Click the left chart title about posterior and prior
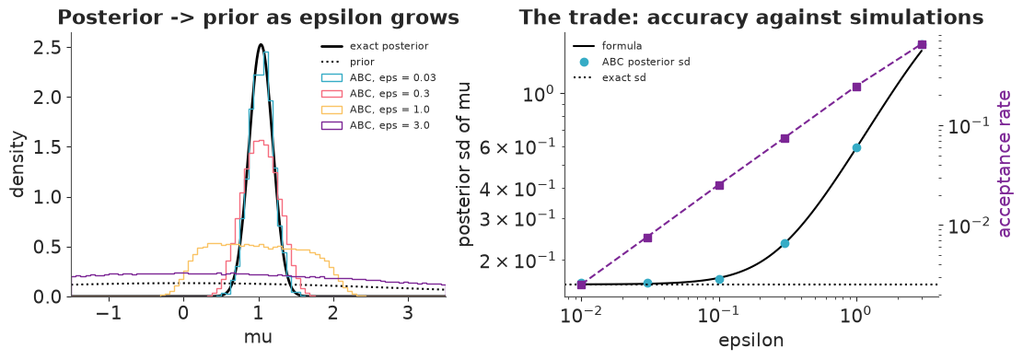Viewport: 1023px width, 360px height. tap(259, 17)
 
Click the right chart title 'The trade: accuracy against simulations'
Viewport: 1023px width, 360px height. tap(751, 17)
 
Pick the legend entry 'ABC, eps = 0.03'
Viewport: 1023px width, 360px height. tap(375, 77)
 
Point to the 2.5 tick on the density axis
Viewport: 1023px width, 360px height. tap(46, 48)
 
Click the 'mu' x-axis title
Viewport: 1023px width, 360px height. tap(259, 338)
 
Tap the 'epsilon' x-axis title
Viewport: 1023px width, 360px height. tap(751, 340)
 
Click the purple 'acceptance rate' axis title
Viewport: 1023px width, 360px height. tap(1005, 164)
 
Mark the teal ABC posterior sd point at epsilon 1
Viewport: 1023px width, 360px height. tap(856, 148)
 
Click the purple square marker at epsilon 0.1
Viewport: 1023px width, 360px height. tap(719, 185)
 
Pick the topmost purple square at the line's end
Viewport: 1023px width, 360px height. tap(922, 44)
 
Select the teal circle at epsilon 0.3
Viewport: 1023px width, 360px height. tap(785, 243)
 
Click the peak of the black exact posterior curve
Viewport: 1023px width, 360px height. tap(261, 44)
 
